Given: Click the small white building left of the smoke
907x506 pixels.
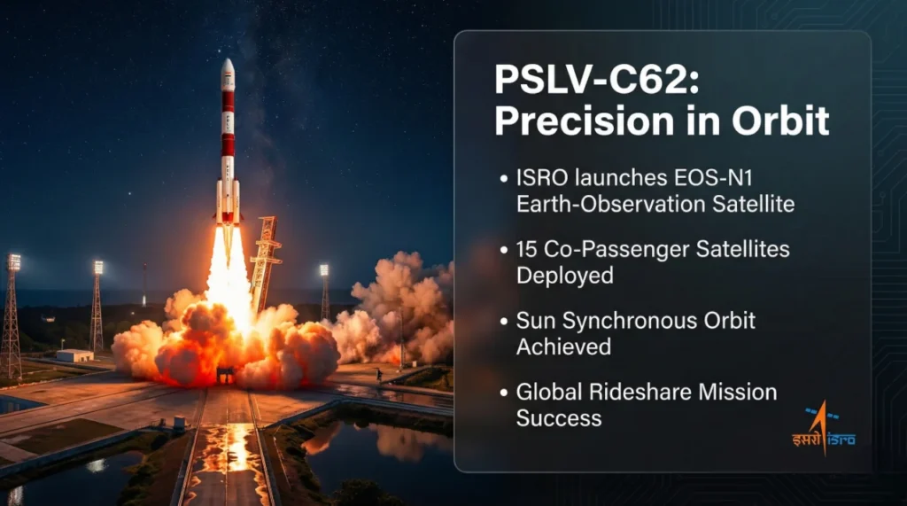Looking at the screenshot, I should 74,355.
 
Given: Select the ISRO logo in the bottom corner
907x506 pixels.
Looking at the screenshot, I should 824,431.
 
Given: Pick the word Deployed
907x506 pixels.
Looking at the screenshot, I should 565,275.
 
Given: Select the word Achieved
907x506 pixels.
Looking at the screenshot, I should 563,346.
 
